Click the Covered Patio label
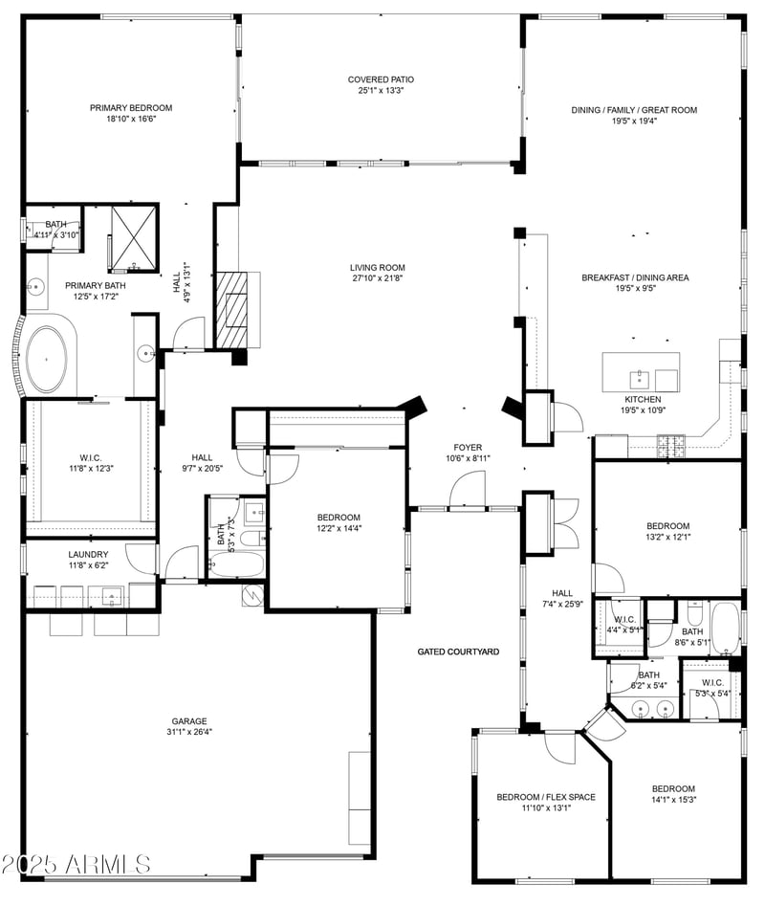(x=381, y=79)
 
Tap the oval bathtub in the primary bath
(x=47, y=359)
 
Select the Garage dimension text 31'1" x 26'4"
(x=189, y=734)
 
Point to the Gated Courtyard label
(x=458, y=652)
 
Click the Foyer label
(x=468, y=447)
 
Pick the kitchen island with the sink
(x=640, y=372)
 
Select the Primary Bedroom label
(x=131, y=108)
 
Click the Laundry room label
(x=88, y=554)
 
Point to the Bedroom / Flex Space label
(x=545, y=796)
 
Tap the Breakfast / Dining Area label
(x=635, y=277)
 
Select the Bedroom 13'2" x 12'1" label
(x=667, y=526)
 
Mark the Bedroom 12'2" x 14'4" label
(x=339, y=517)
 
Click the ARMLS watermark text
(x=76, y=864)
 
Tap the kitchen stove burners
(x=670, y=442)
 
